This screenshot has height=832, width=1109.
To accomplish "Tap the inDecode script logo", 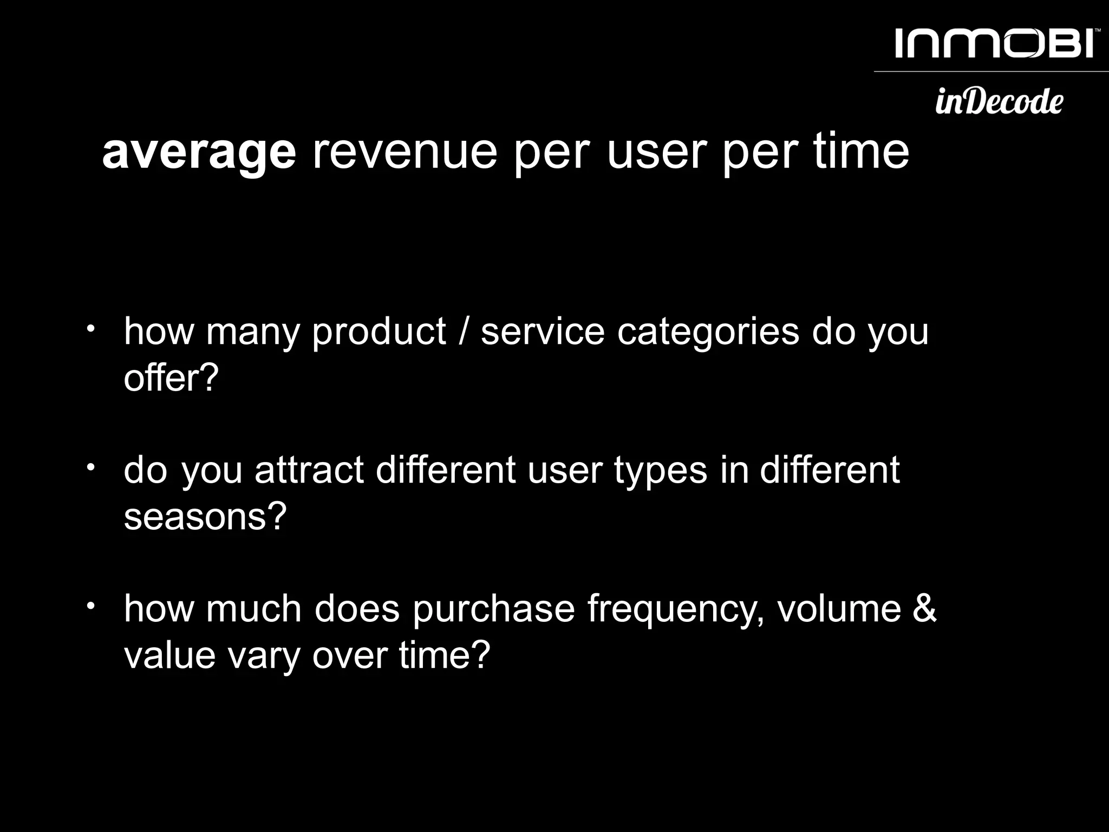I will pyautogui.click(x=999, y=101).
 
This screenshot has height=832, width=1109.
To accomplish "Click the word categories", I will pyautogui.click(x=708, y=331).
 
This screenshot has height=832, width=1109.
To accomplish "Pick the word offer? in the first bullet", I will pyautogui.click(x=171, y=378).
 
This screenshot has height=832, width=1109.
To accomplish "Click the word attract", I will pyautogui.click(x=309, y=470).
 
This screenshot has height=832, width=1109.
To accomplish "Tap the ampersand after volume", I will pyautogui.click(x=924, y=608).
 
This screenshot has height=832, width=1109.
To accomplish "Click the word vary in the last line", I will pyautogui.click(x=264, y=656).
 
